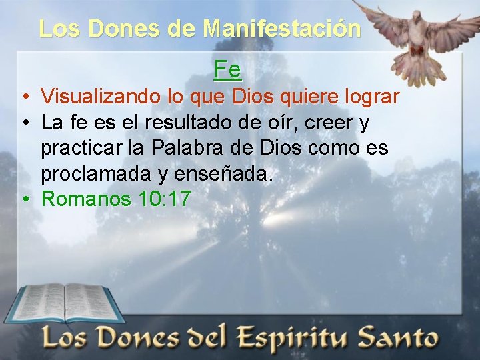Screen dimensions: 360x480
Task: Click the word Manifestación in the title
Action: point(282,29)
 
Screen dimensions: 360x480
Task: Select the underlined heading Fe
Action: point(227,69)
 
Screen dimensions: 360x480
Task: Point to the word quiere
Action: point(306,97)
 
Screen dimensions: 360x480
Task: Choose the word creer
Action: point(331,123)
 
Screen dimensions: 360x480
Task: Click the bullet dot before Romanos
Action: point(24,199)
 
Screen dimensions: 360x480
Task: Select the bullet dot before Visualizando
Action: point(24,97)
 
